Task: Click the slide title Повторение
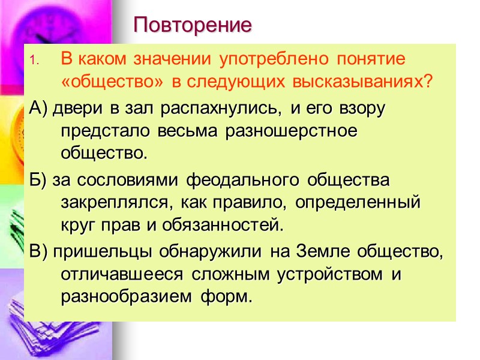click(193, 25)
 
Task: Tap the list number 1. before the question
click(34, 61)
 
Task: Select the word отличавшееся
click(113, 274)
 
